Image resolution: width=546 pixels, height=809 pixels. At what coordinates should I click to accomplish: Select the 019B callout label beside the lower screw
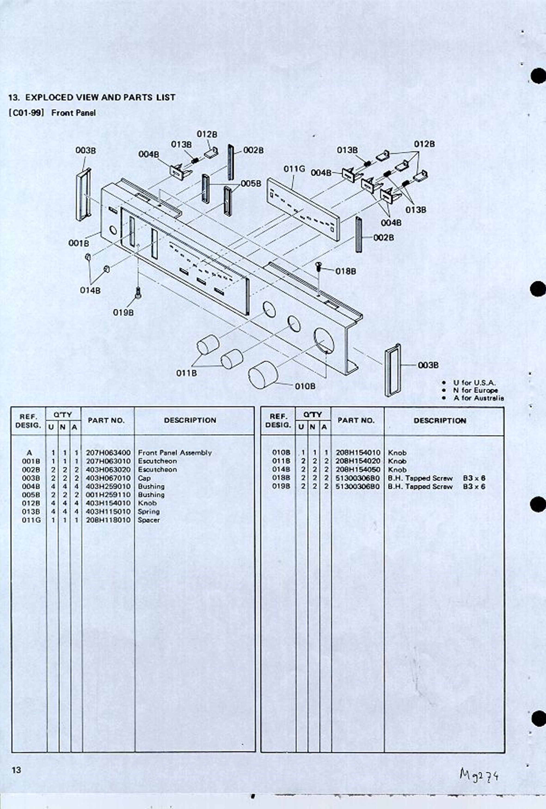pos(123,312)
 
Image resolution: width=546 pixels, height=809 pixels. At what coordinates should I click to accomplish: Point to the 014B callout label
pos(90,290)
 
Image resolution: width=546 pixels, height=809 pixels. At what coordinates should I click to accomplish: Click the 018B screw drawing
pos(318,271)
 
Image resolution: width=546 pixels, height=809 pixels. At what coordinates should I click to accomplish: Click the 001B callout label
pos(78,243)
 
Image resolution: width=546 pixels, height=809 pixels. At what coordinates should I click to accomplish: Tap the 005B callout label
pos(251,184)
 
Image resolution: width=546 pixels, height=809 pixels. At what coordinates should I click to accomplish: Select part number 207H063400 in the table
pos(108,453)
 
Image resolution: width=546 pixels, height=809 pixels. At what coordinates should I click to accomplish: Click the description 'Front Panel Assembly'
pos(175,453)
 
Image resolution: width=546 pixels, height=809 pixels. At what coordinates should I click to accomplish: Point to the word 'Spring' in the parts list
pos(149,512)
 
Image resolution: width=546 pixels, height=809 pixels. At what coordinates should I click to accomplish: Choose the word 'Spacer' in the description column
pos(149,520)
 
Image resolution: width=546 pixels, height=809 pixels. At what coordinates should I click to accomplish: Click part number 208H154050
pos(358,470)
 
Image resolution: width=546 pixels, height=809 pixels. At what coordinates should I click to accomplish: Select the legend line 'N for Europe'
pos(475,390)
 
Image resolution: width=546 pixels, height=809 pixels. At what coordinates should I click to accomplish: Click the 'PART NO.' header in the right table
pos(356,420)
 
